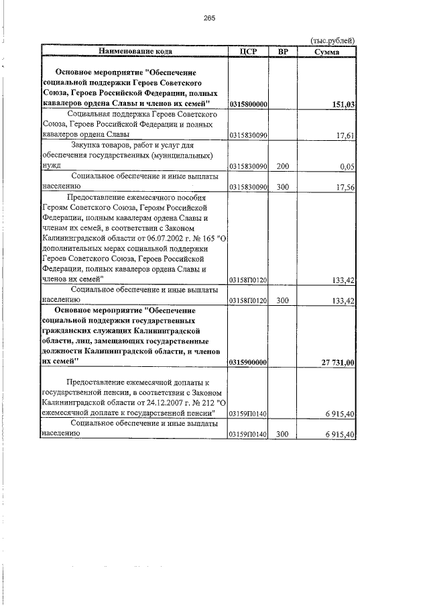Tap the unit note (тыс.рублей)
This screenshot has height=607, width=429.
pos(333,40)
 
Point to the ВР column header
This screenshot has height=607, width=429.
pos(282,51)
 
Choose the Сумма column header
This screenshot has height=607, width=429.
pos(326,51)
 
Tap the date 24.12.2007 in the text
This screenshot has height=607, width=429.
pos(156,403)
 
